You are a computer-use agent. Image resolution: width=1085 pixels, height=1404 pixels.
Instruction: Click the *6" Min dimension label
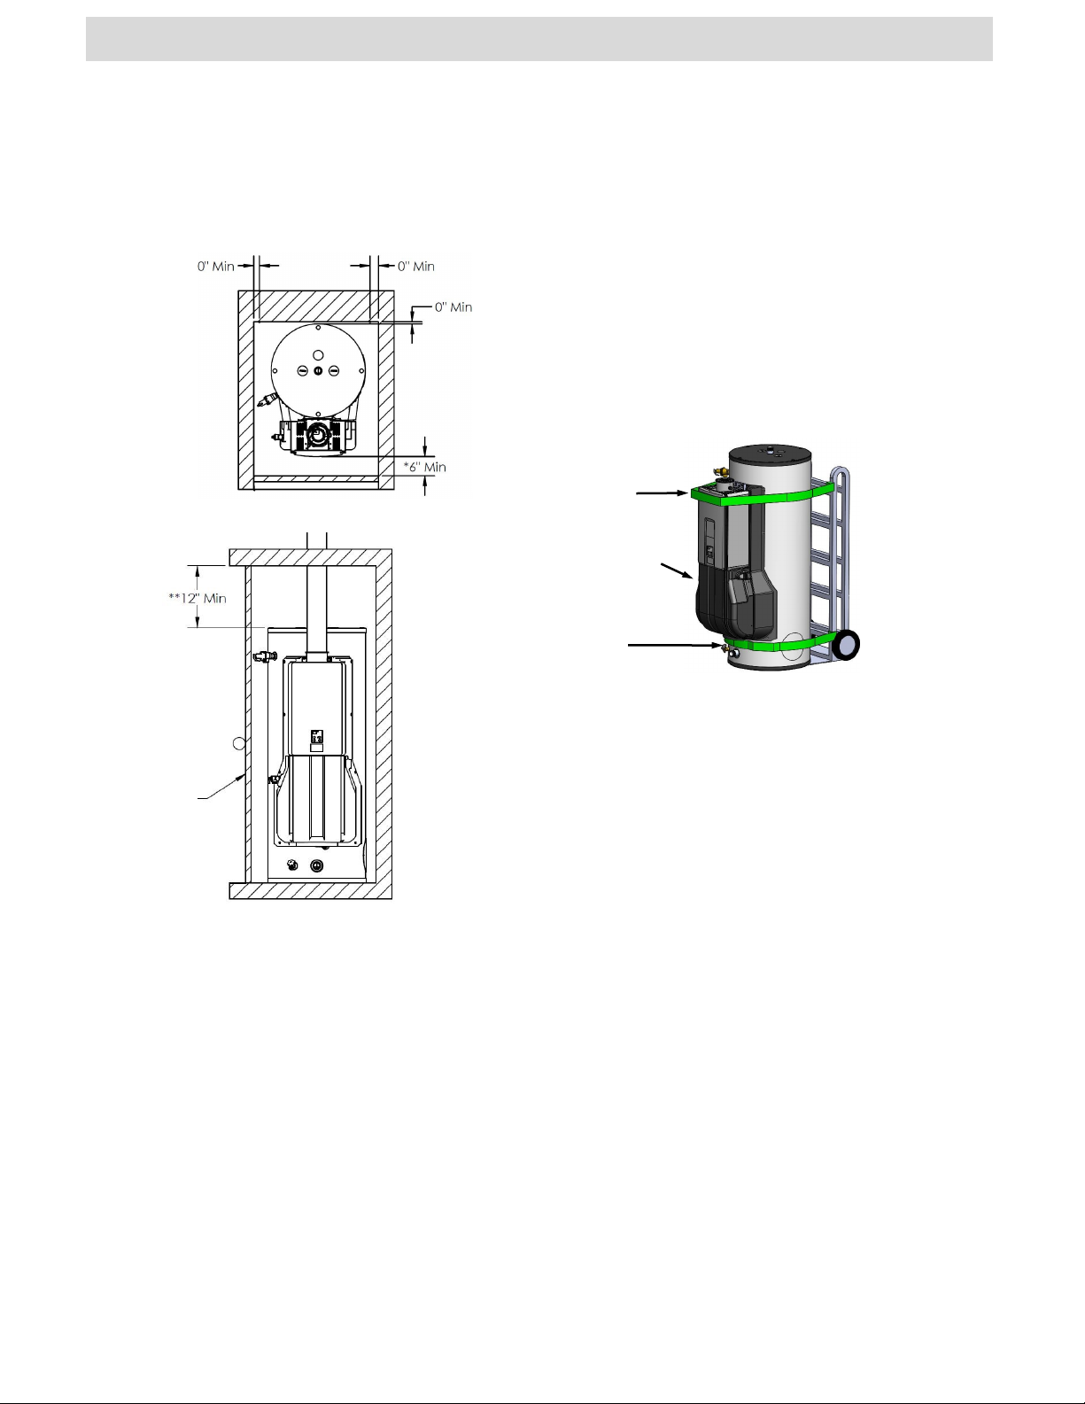click(x=424, y=467)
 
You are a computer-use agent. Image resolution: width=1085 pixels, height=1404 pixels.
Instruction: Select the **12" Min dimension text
click(x=198, y=598)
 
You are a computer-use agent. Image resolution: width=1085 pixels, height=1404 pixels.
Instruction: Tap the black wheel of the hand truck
click(x=847, y=644)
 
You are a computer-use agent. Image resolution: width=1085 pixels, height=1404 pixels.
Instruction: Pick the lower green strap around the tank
click(x=775, y=643)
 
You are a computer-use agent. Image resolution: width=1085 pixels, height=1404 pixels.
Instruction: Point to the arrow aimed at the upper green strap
click(x=663, y=493)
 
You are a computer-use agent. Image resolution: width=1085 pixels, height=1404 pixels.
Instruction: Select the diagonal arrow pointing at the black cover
click(x=677, y=571)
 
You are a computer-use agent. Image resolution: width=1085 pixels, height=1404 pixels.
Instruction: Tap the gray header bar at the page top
click(x=539, y=39)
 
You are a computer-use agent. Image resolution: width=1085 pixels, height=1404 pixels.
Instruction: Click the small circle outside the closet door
click(x=238, y=744)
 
